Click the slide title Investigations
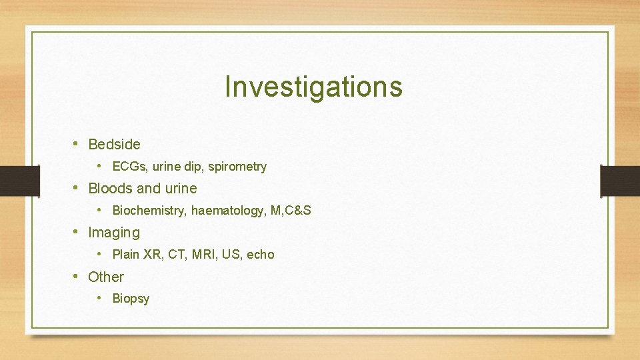pos(313,87)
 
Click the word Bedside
pos(114,144)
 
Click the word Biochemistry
pos(149,211)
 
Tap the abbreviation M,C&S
pos(291,211)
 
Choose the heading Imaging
pos(114,233)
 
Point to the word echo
pos(261,255)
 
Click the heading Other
pos(106,277)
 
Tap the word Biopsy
pos(131,299)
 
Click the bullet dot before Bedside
pos(77,143)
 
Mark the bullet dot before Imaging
pos(77,232)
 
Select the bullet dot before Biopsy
pos(99,298)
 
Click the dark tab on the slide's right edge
pos(620,181)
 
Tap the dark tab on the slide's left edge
pos(11,181)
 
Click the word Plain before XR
pos(126,255)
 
